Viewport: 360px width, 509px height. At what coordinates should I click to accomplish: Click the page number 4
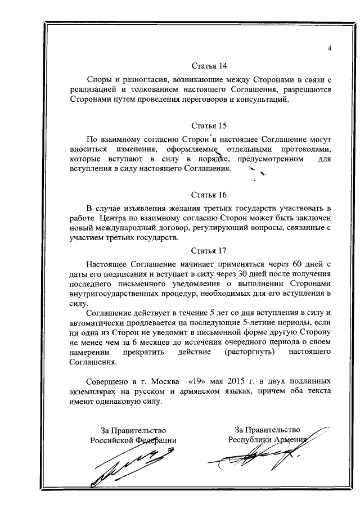(330, 48)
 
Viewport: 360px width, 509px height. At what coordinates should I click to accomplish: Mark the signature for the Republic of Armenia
(264, 458)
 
